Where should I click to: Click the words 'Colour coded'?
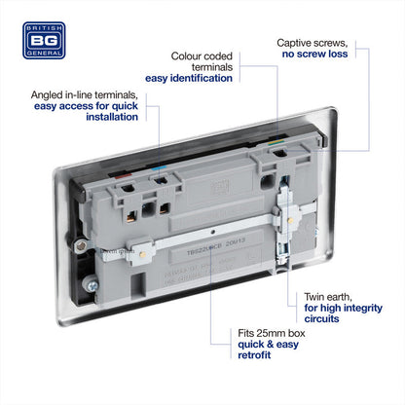(x=201, y=56)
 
